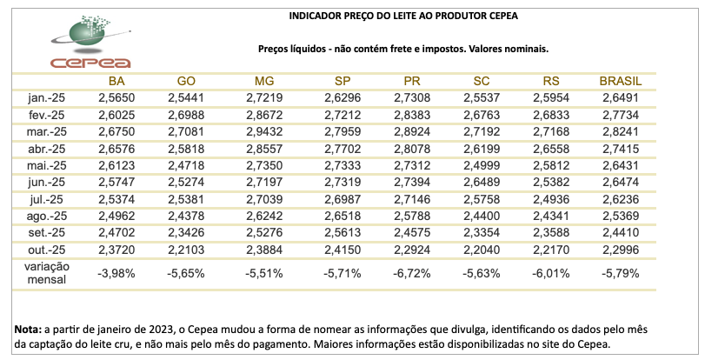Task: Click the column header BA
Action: [116, 81]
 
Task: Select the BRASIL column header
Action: [621, 81]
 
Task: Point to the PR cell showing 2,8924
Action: [412, 131]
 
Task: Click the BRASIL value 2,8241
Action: [621, 131]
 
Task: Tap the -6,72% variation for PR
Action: [412, 273]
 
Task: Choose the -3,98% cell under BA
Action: [116, 273]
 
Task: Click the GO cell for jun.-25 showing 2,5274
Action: [186, 182]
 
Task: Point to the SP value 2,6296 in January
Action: [343, 98]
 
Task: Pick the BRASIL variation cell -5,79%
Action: [621, 273]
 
